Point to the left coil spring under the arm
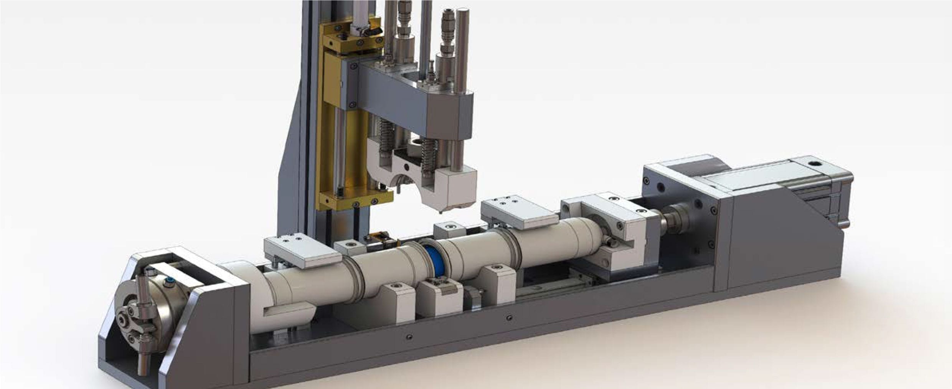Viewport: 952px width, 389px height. click(x=386, y=136)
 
